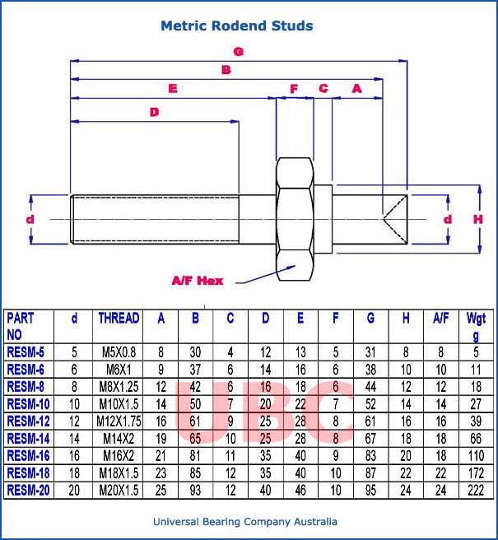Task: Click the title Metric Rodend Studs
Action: coord(236,26)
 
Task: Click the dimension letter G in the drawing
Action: coord(238,51)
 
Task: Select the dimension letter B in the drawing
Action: coord(226,70)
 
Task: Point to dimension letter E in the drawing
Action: coord(172,88)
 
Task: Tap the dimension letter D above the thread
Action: coord(153,112)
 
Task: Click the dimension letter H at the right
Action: coord(477,220)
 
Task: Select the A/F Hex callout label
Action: coord(197,281)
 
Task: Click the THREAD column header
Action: coord(119,318)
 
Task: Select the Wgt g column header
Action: coord(476,326)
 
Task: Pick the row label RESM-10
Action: coord(29,403)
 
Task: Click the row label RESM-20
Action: coord(29,490)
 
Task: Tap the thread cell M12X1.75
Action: coord(119,421)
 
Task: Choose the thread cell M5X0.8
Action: coord(119,351)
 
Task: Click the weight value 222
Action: coord(476,490)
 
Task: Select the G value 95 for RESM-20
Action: coord(371,490)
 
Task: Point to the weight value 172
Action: coord(476,472)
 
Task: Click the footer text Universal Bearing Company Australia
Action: coord(245,522)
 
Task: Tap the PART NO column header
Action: coord(22,326)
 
